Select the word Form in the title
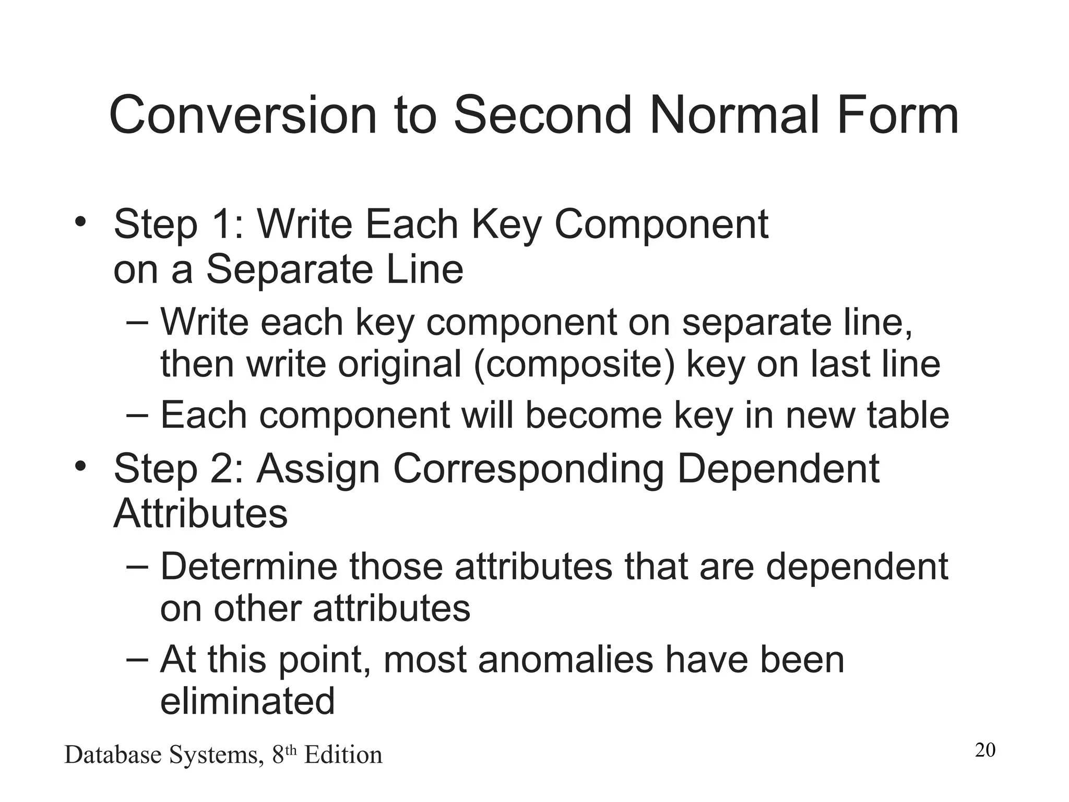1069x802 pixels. [x=897, y=115]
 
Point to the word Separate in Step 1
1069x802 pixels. [x=289, y=269]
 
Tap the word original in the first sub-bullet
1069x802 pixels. [x=399, y=364]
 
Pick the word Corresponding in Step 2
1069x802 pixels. [x=528, y=468]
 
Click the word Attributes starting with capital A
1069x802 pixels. [x=200, y=514]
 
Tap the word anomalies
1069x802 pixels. [x=565, y=659]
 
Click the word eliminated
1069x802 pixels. [x=247, y=701]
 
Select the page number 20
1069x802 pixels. [x=985, y=750]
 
